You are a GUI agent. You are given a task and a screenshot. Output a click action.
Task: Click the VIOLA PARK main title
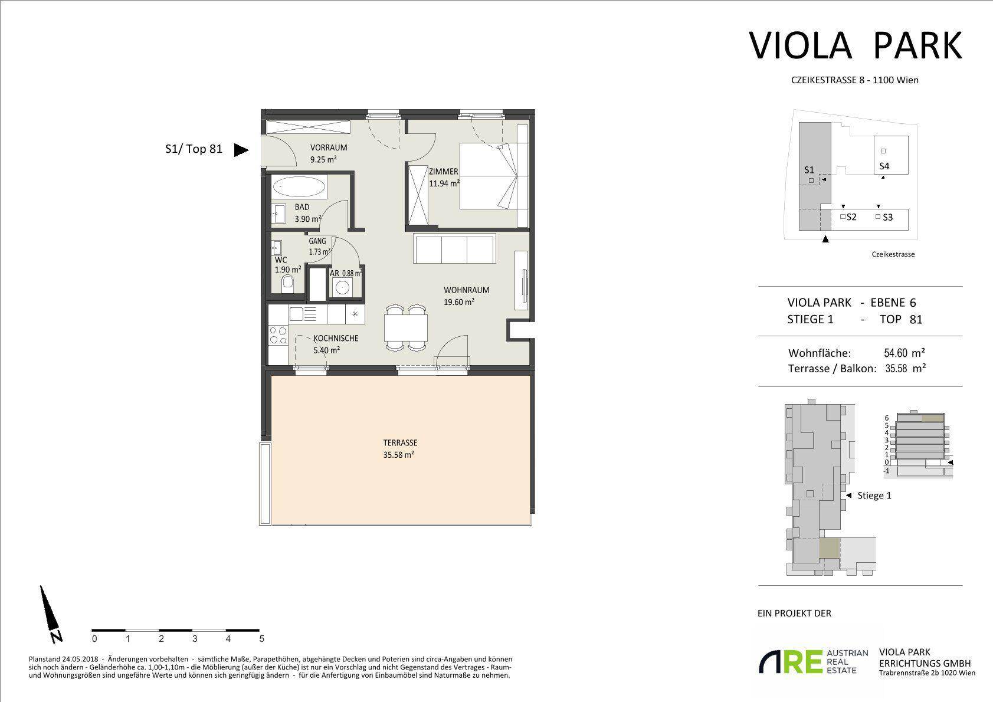(x=856, y=45)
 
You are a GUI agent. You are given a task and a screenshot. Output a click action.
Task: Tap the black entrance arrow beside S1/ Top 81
(x=241, y=150)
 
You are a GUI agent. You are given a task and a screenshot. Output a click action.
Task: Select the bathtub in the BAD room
(x=299, y=188)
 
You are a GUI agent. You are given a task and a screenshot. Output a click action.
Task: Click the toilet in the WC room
(x=287, y=283)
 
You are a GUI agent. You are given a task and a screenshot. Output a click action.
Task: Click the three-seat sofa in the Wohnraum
(x=454, y=249)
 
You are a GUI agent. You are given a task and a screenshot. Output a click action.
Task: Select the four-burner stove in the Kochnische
(x=277, y=335)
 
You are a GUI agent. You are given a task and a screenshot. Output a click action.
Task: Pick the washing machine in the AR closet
(x=342, y=288)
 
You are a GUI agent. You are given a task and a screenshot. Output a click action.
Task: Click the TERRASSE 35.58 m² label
(x=400, y=448)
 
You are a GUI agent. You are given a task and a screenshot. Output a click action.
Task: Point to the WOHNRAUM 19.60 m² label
(x=466, y=296)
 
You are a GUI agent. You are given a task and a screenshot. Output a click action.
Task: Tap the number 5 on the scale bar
(x=261, y=638)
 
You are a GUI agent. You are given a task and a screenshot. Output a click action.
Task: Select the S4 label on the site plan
(x=884, y=166)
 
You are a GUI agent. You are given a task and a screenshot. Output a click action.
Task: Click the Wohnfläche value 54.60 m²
(x=903, y=353)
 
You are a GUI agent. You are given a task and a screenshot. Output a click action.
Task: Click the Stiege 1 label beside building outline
(x=874, y=496)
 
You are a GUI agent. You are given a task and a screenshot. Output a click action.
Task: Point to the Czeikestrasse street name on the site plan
(x=893, y=254)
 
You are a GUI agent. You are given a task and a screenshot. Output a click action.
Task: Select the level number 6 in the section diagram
(x=887, y=418)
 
